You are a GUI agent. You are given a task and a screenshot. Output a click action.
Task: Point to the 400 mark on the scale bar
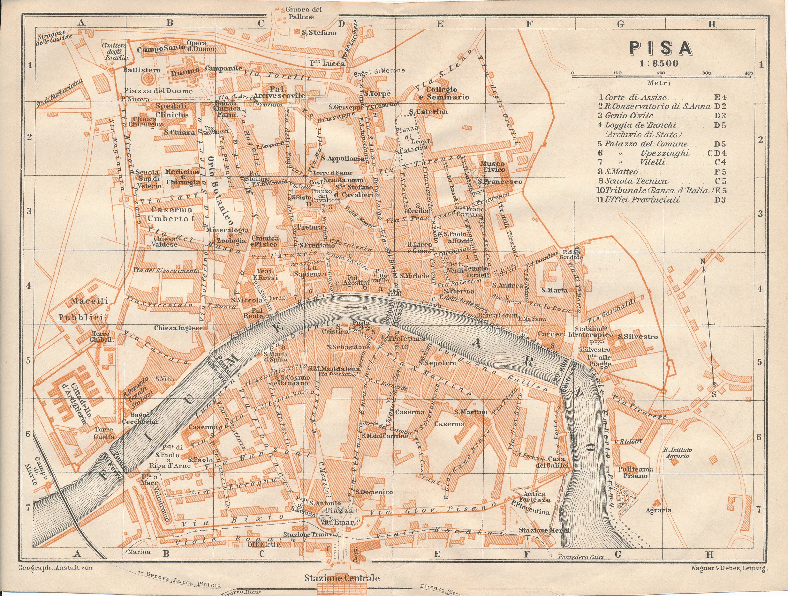748,73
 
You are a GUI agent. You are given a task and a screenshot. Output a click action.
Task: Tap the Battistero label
141,70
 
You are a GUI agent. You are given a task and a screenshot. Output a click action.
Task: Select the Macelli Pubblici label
84,309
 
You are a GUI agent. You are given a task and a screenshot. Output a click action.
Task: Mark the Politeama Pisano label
633,472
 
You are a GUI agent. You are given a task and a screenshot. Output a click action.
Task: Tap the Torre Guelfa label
104,433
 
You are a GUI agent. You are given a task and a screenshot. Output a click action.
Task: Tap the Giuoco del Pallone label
299,13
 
